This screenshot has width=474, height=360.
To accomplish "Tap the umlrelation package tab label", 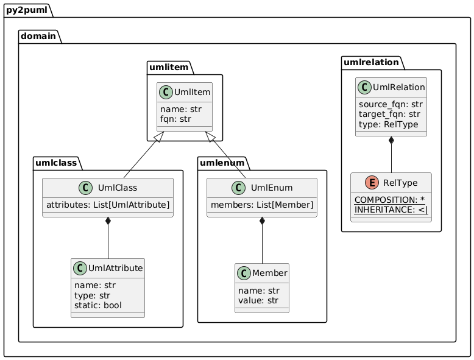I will coord(371,62).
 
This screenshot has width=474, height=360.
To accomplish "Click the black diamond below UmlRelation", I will coord(391,142).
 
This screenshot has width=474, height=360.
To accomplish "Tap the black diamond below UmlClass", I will coord(108,222).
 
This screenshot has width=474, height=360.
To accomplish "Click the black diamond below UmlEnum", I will coord(262,222).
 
